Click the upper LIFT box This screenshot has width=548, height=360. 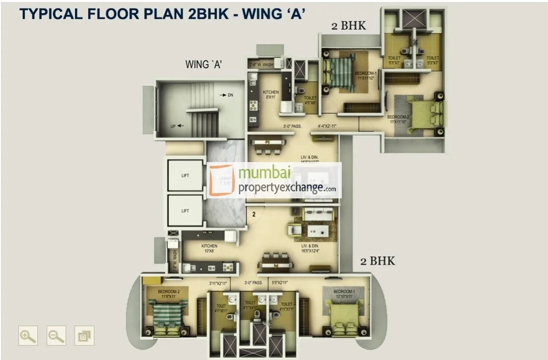tap(185, 175)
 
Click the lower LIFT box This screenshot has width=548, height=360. tap(185, 211)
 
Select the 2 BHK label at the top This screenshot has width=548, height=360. tap(348, 26)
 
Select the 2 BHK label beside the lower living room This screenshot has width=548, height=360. tap(378, 261)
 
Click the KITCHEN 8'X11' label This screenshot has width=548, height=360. tap(271, 94)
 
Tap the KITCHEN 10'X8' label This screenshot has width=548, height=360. tap(209, 248)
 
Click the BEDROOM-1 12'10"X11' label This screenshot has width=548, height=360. tap(343, 293)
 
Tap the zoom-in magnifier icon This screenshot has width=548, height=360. tap(27, 336)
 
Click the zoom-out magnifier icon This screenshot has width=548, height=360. tap(56, 336)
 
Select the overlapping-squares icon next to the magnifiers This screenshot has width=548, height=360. tap(84, 336)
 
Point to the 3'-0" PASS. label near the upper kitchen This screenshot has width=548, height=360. tap(293, 126)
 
